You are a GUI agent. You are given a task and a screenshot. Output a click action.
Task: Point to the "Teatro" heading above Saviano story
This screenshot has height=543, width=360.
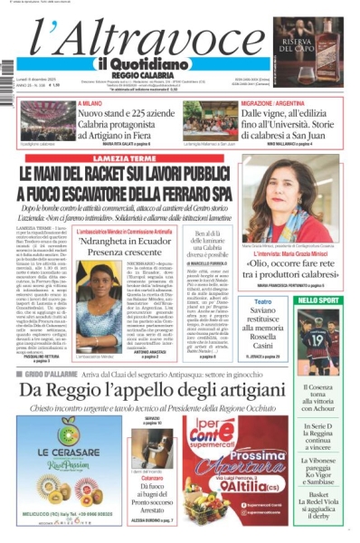[256, 301]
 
